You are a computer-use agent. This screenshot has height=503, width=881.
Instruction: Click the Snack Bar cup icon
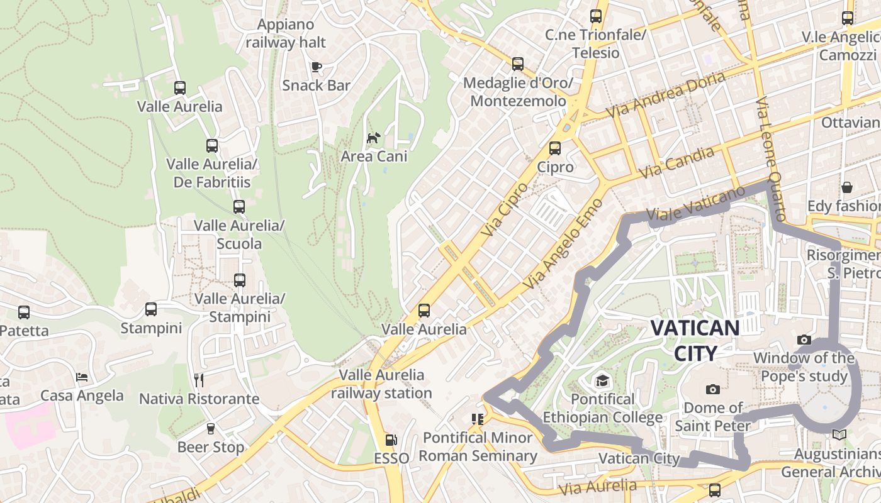[317, 67]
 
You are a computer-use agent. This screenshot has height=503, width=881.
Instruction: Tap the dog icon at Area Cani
[374, 137]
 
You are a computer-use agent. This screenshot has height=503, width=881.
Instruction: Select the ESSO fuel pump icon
[391, 440]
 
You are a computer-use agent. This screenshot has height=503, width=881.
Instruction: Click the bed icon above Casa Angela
[82, 377]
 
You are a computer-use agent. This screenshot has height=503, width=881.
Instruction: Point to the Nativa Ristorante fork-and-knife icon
[199, 380]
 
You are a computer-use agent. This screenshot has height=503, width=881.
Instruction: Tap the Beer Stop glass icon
[211, 429]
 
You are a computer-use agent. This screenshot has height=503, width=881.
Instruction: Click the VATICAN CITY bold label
[695, 340]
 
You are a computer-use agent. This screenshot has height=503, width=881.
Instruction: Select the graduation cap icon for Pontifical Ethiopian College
[603, 380]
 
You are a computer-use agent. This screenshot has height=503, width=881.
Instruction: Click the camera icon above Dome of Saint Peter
[712, 389]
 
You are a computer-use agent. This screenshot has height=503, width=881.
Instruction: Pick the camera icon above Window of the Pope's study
[804, 340]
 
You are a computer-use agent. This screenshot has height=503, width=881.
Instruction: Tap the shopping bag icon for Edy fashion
[847, 187]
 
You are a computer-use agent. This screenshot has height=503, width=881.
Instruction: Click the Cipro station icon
[554, 148]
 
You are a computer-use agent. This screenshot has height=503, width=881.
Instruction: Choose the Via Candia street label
[676, 162]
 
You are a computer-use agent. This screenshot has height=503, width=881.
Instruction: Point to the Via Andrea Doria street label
[666, 95]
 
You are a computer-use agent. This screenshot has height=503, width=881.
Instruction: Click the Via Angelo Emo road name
[563, 245]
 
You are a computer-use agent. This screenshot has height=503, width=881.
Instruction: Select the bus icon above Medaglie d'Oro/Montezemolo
[517, 64]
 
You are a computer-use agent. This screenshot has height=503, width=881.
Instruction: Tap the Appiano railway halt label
[286, 33]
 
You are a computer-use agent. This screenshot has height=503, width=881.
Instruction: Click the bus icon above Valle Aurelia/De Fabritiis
[212, 146]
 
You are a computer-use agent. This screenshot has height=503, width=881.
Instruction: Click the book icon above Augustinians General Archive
[839, 434]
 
